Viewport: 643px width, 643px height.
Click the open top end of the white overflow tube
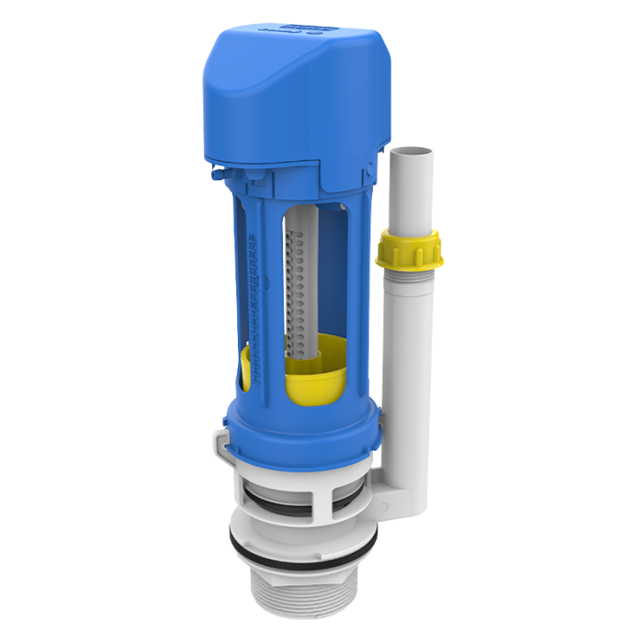click(411, 148)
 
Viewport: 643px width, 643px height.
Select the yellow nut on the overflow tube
click(409, 248)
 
